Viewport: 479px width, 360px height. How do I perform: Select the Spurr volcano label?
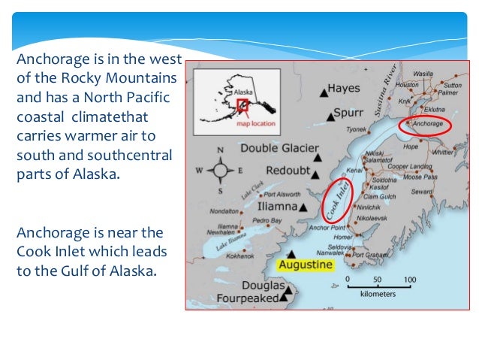click(348, 116)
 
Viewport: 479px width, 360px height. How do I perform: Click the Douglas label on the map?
click(263, 286)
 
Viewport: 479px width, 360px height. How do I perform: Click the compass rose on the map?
click(220, 170)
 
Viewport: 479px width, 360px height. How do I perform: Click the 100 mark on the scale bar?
click(409, 280)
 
